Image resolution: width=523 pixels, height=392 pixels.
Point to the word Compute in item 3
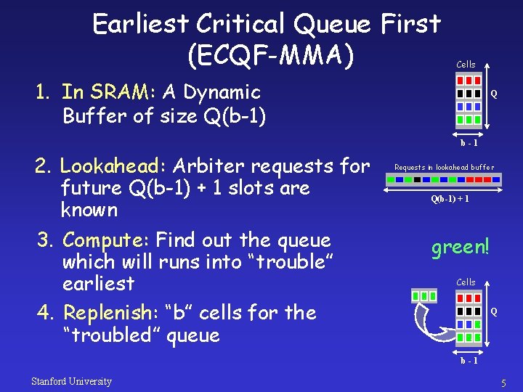pos(105,240)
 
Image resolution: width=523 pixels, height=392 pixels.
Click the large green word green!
pos(460,247)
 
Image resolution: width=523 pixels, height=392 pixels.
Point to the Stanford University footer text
pos(71,381)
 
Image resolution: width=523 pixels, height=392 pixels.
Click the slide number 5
pos(502,382)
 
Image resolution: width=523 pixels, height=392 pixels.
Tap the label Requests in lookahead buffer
pos(444,168)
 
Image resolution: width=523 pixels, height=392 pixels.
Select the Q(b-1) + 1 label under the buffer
pos(450,199)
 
